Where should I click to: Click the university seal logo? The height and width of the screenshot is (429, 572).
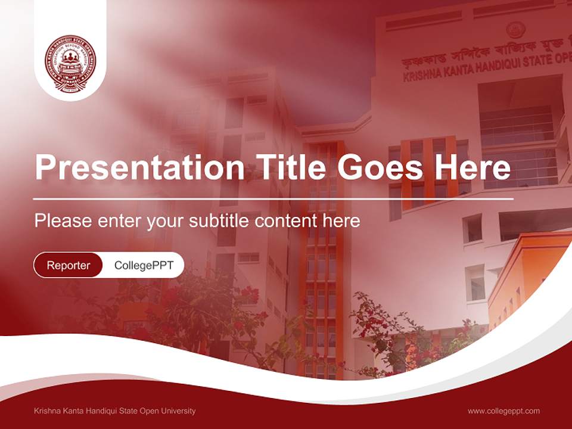70,63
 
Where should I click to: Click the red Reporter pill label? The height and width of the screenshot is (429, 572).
68,265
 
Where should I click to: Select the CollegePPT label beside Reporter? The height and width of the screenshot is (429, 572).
144,265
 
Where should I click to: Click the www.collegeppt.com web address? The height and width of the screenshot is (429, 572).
503,411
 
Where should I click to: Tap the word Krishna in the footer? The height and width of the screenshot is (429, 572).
48,411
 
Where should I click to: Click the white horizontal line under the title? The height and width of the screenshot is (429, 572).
273,198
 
